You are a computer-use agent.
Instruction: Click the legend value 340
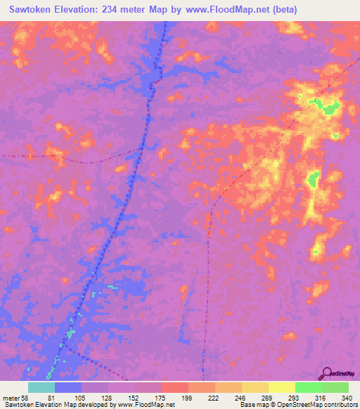click(345, 398)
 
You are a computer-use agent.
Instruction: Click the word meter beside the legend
click(10, 398)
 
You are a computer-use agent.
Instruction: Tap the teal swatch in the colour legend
click(41, 387)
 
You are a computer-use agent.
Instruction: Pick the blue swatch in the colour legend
click(67, 387)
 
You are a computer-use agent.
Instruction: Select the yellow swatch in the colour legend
click(281, 387)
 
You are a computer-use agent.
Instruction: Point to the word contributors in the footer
click(342, 405)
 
